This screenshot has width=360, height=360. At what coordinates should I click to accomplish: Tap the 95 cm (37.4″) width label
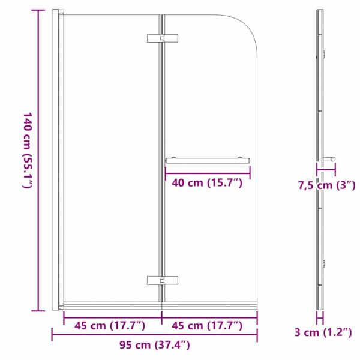pos(154,344)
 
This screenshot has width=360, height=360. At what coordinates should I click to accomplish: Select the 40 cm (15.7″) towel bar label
pos(208,183)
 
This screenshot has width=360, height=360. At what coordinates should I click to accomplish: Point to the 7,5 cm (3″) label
pos(325,185)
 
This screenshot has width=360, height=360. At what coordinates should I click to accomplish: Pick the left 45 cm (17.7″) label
pos(110,326)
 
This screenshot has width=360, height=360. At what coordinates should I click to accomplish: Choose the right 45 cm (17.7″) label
pos(207,326)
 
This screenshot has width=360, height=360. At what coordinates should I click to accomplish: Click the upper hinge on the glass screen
pos(162,38)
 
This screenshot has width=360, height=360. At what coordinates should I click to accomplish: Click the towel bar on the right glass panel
pos(208,160)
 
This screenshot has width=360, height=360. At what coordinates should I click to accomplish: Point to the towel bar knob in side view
pos(329,160)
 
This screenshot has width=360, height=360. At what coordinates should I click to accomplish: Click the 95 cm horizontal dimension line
pos(154,335)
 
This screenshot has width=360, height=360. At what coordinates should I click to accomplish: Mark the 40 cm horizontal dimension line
pos(208,173)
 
